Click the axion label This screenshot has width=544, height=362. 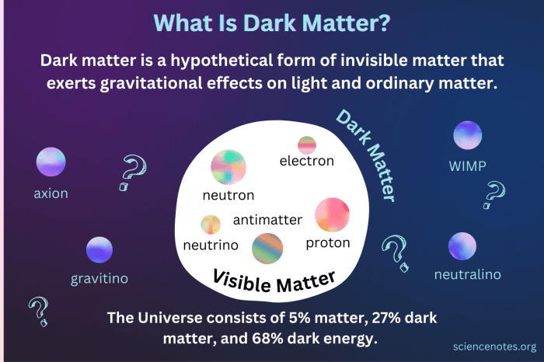(51, 193)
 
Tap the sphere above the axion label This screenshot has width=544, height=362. (51, 162)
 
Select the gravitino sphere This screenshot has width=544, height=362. (99, 250)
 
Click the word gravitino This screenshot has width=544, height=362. (99, 277)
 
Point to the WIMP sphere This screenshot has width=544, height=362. (468, 135)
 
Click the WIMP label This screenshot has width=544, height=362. (468, 165)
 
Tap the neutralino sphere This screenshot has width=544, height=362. (462, 246)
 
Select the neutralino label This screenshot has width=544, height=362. (467, 274)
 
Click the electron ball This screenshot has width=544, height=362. (307, 144)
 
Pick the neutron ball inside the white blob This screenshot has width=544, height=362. (228, 166)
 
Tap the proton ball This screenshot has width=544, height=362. (332, 215)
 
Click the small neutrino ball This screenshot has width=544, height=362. (211, 225)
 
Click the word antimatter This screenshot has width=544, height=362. (267, 221)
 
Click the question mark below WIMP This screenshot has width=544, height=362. (494, 194)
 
